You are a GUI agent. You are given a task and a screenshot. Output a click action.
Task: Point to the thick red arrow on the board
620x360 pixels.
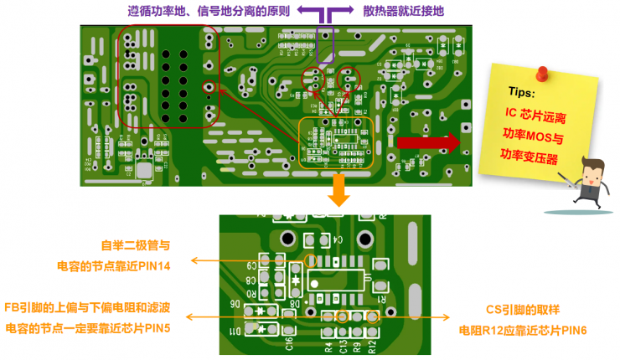(x=427, y=142)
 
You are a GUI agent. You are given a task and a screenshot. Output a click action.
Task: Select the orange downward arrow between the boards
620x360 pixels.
(x=338, y=191)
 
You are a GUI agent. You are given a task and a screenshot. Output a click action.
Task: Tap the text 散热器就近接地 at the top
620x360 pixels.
(x=404, y=11)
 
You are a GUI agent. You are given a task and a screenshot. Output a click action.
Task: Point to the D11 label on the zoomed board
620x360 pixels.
(x=240, y=332)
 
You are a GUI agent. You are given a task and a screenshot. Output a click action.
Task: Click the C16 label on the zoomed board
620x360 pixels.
(x=289, y=342)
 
